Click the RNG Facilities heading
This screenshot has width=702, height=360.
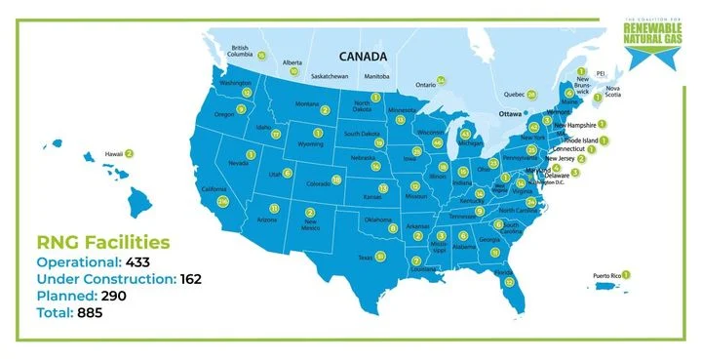click(102, 242)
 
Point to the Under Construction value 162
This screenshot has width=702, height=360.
click(190, 279)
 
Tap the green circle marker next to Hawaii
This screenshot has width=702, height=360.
click(129, 153)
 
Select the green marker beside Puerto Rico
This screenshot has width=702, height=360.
click(626, 275)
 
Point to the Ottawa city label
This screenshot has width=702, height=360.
click(507, 113)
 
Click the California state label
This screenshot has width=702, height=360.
click(214, 189)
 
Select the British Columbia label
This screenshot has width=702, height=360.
click(241, 50)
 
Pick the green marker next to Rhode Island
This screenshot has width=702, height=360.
click(604, 140)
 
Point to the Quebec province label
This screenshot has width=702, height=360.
click(514, 95)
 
